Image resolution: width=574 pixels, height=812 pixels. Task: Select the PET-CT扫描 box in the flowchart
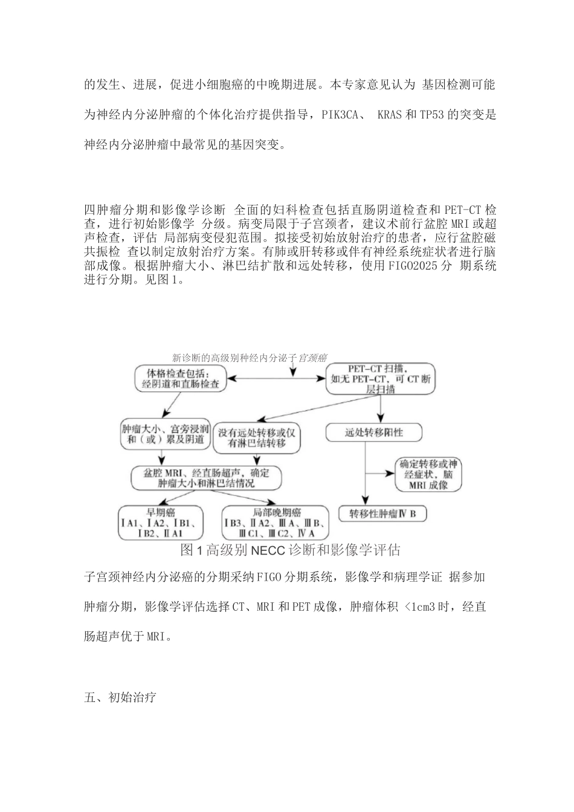pos(380,378)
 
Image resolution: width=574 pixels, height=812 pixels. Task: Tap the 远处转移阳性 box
pos(373,432)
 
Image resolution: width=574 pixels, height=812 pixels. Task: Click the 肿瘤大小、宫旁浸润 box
pos(165,434)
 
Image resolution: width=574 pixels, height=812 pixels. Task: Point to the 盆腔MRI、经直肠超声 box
pos(207,478)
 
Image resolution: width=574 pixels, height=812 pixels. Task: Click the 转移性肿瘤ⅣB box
pos(383,514)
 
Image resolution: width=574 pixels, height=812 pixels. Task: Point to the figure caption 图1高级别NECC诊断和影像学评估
pos(290,550)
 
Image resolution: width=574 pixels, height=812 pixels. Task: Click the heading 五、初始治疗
pos(120,698)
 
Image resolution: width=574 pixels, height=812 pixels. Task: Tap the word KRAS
pos(389,114)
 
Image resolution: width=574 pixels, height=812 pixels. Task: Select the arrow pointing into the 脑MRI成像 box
pos(381,475)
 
